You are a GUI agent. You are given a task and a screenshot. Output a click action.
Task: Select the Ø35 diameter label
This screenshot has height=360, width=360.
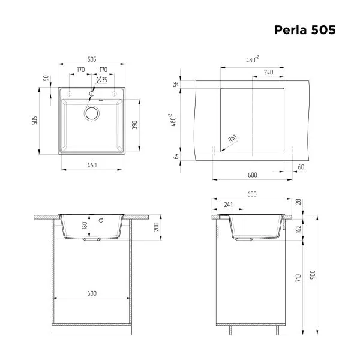click(102, 80)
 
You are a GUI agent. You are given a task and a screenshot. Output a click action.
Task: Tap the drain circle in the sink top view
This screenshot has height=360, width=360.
click(91, 113)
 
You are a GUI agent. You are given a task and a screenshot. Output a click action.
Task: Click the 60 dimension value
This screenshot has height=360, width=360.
click(301, 167)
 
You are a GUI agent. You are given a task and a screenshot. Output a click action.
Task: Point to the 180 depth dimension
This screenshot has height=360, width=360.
click(85, 226)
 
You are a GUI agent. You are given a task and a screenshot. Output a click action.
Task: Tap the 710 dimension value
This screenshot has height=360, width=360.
click(298, 278)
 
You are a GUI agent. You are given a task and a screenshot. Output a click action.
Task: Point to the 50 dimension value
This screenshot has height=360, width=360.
click(46, 78)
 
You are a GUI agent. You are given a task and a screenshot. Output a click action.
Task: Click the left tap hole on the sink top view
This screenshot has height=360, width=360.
click(70, 94)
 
